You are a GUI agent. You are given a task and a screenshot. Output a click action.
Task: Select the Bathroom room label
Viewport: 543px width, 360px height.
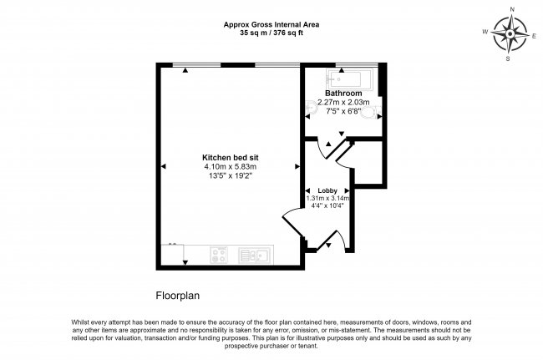click(x=343, y=93)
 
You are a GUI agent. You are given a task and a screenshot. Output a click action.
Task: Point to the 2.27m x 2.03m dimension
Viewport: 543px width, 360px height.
click(x=343, y=102)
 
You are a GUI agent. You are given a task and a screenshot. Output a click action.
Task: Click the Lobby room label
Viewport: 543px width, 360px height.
click(x=327, y=190)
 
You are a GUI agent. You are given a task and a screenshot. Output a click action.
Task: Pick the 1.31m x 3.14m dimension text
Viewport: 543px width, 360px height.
click(x=327, y=198)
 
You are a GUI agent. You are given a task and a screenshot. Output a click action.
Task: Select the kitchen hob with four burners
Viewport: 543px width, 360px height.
click(x=220, y=255)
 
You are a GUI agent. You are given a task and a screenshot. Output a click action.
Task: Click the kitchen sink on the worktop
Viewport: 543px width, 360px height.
click(x=252, y=255)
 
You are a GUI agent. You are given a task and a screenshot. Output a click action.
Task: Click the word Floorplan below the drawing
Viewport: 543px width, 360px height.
click(x=178, y=295)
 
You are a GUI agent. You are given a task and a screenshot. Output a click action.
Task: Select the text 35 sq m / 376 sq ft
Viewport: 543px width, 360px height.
click(x=271, y=34)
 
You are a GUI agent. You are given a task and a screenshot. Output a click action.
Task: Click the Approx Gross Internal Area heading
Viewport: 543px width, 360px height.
click(x=271, y=25)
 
